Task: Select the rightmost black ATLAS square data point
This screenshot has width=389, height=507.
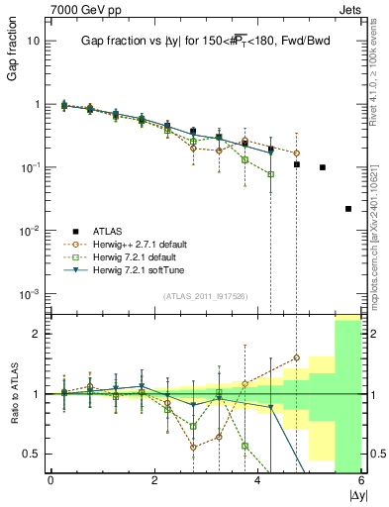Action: pyautogui.click(x=348, y=208)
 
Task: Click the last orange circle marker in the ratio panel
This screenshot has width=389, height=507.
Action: pyautogui.click(x=296, y=357)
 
